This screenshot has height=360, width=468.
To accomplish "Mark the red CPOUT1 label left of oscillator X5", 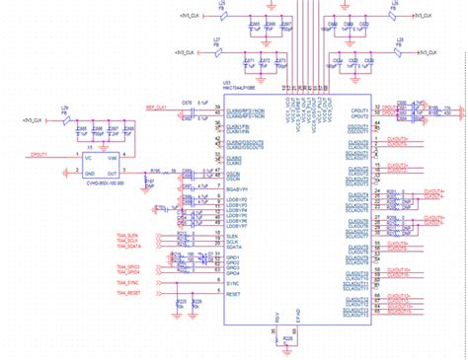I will pos(41,155).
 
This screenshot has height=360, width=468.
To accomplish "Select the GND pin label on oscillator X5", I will pos(87,171).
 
